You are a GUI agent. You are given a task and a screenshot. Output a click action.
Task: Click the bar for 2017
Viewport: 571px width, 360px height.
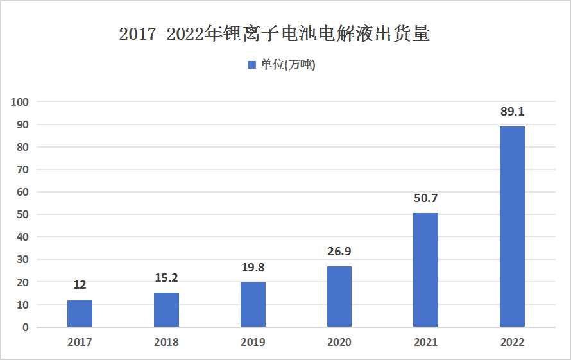[80, 314]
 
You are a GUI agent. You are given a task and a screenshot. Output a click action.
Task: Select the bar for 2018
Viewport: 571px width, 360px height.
[166, 310]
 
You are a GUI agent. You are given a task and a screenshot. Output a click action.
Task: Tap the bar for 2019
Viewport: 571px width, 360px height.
[253, 305]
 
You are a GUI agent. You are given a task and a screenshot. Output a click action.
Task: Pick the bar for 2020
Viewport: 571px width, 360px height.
[339, 296]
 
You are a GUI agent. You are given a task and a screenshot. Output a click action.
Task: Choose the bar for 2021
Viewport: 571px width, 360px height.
[426, 270]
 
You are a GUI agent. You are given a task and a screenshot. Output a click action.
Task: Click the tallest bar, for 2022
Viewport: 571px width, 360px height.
[512, 227]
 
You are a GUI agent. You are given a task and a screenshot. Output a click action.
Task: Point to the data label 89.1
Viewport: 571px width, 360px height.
[512, 112]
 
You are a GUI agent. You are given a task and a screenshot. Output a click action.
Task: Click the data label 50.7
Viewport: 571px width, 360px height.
[426, 198]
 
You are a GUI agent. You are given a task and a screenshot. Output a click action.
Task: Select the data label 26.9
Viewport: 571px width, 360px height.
[339, 252]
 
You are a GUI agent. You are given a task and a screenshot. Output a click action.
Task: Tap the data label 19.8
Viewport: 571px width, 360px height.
[253, 268]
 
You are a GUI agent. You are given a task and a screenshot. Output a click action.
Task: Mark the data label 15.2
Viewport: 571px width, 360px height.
[166, 279]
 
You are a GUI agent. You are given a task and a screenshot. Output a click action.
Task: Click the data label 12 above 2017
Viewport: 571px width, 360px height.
[80, 286]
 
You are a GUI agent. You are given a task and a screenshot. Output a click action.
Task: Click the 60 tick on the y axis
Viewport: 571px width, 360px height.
[23, 192]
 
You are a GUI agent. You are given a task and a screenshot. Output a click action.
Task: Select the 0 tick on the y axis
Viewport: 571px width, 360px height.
[26, 327]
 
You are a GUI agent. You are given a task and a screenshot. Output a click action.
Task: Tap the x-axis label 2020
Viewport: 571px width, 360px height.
[339, 342]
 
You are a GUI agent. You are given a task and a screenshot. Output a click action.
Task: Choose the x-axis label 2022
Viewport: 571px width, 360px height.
[512, 342]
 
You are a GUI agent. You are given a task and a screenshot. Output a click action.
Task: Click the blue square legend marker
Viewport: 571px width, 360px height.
[251, 65]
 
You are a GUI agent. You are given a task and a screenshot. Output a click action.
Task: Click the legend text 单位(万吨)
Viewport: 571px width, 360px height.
[287, 65]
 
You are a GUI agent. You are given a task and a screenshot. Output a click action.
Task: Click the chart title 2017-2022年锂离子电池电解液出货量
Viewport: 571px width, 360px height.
[275, 34]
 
